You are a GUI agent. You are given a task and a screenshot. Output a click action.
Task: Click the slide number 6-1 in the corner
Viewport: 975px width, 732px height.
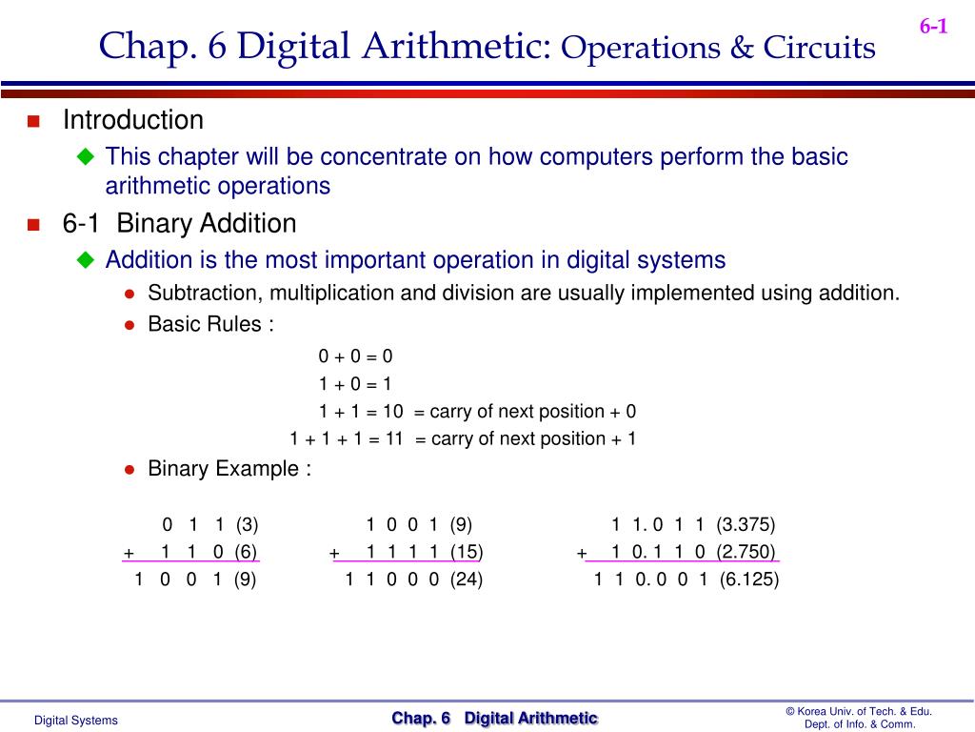coord(933,27)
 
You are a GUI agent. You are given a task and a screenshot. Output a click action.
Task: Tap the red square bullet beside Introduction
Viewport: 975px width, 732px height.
coord(33,121)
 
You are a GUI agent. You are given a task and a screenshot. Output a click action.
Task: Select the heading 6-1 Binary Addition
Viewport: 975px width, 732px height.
coord(179,224)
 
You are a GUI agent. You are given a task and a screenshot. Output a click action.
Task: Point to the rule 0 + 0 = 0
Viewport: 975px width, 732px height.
coord(355,356)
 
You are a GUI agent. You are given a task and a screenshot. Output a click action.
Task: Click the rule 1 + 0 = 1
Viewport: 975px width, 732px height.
coord(355,384)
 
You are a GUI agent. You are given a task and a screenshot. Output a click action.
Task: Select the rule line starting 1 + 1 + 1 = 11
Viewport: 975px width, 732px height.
coord(463,438)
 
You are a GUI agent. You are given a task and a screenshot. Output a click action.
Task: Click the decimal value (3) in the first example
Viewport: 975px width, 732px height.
coord(248,524)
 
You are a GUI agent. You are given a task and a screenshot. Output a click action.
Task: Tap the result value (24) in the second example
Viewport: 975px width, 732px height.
coord(467,579)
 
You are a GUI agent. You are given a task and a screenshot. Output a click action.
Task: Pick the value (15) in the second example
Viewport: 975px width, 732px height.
coord(466,552)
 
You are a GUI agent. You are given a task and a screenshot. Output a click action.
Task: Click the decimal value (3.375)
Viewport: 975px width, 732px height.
coord(746,524)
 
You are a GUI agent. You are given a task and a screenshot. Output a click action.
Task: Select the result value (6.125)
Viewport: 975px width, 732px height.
coord(749,579)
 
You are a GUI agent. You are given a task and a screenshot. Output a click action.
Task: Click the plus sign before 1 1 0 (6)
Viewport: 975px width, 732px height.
coord(128,553)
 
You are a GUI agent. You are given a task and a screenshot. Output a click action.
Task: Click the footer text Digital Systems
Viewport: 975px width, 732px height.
coord(76,721)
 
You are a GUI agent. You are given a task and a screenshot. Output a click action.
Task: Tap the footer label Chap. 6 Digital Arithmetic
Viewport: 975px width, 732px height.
coord(495,719)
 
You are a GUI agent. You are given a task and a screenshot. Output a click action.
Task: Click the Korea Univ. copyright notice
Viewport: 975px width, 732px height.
coord(859,718)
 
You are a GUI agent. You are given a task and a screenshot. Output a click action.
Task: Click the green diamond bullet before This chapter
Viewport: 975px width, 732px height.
coord(87,156)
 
